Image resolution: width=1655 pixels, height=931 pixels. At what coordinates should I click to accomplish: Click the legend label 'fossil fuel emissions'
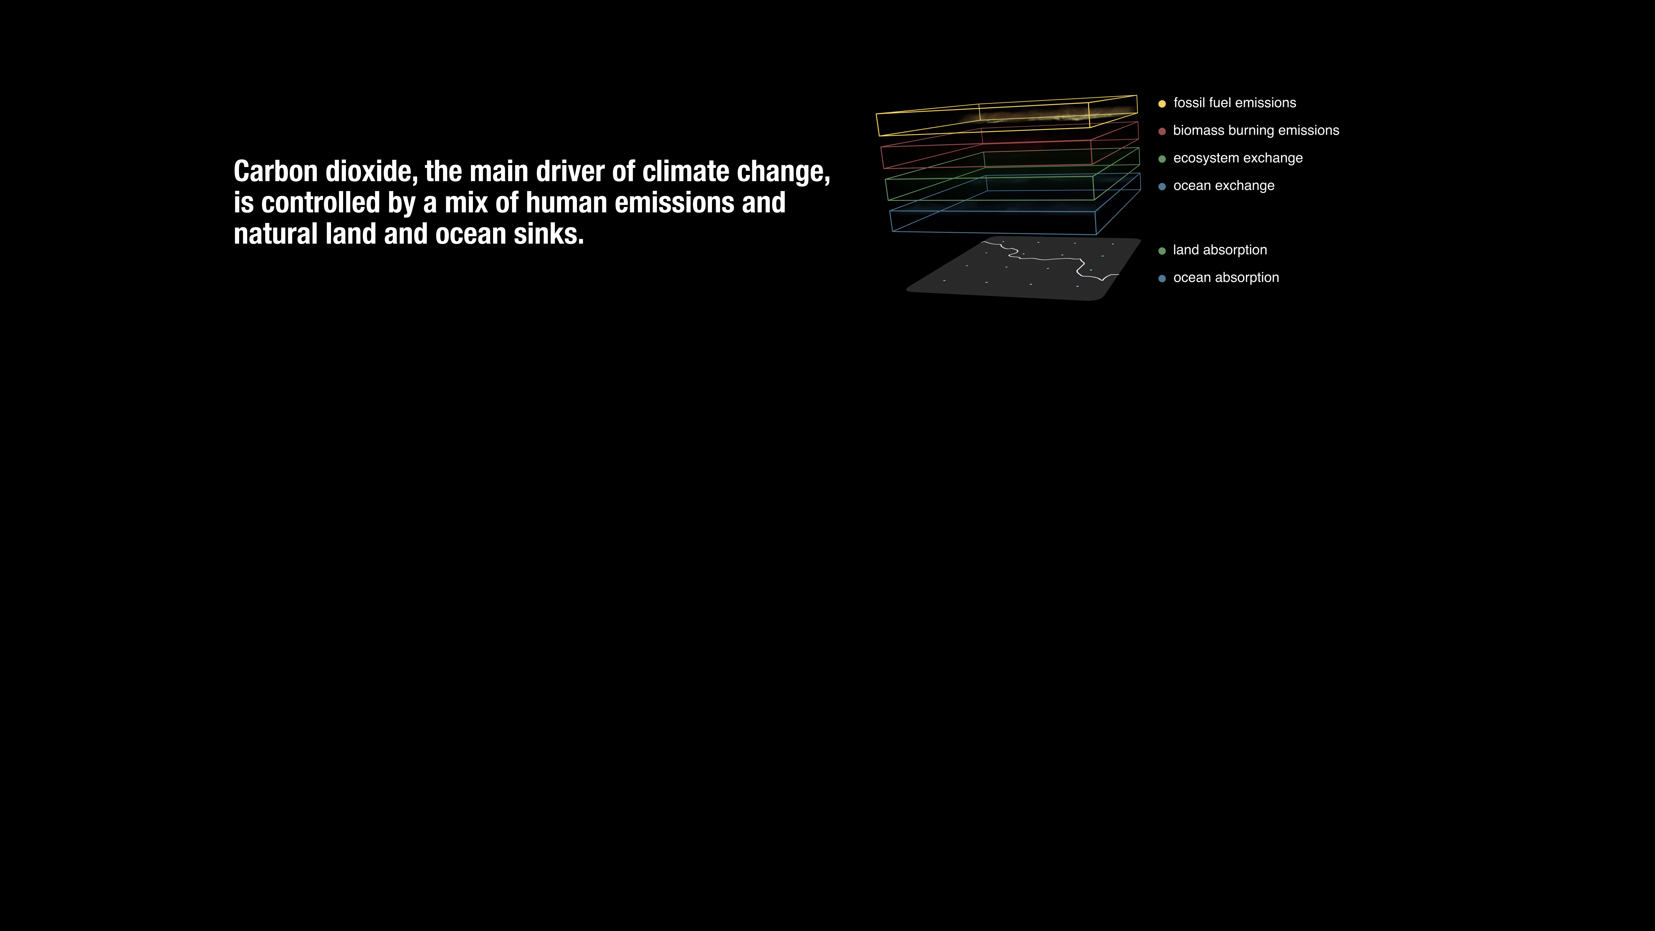tap(1234, 103)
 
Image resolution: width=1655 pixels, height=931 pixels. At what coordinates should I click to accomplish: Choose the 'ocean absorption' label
tap(1226, 278)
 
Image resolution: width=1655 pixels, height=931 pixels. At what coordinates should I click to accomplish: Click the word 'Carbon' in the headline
tap(276, 172)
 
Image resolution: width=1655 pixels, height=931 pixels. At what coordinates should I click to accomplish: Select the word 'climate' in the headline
tap(686, 172)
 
